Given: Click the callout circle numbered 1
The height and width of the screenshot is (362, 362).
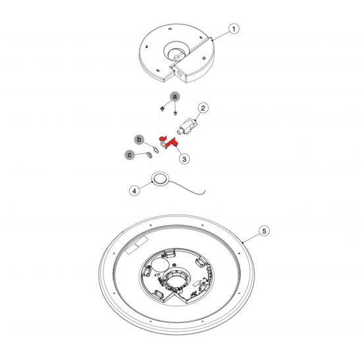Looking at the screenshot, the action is pos(234,29).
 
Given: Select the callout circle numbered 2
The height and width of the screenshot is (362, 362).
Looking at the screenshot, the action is pos(203,108).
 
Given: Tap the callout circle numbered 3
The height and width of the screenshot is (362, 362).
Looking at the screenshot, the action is pos(184,159).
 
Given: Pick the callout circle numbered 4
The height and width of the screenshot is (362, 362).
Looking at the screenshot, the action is pos(134,191).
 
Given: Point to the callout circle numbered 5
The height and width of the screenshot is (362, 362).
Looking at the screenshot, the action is pos(264,231).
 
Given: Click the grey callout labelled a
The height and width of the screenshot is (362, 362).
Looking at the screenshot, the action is pos(175,97).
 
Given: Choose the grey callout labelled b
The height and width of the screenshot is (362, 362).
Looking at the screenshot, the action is pos(139,140).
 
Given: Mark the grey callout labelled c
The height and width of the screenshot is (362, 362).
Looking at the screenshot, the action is pos(130,155).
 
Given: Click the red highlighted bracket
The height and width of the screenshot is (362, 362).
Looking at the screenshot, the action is pos(167,143).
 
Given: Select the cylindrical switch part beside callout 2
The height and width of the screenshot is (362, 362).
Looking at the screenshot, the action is pos(188,127).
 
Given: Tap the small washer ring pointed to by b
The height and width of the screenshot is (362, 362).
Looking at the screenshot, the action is pos(156,149).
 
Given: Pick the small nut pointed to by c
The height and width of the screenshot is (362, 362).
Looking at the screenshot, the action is pos(149,155).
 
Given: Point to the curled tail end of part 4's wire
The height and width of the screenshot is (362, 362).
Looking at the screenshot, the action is pos(203,192).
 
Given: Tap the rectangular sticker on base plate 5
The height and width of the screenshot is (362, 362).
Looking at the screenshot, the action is pos(136,246).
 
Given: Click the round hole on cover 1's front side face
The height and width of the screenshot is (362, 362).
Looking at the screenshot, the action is pos(180,74).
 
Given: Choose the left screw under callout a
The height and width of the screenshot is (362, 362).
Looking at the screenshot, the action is pos(163,109).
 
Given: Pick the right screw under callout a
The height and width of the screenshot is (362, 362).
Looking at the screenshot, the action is pos(175,113).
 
